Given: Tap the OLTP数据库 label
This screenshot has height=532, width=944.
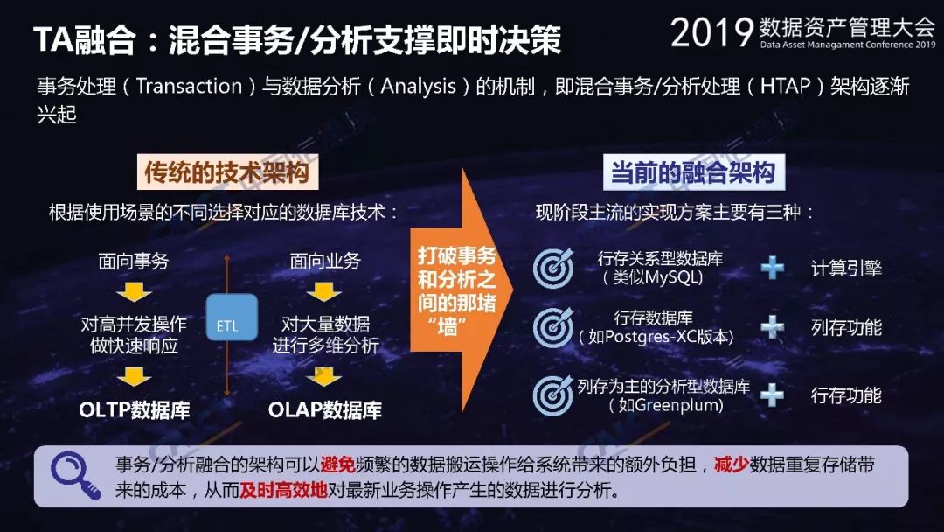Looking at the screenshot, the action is (135, 410).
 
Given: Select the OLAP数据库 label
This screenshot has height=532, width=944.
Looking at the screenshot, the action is (325, 410).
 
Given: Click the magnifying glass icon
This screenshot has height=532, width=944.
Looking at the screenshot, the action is (74, 475).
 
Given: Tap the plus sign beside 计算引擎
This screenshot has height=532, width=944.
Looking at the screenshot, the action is (773, 268).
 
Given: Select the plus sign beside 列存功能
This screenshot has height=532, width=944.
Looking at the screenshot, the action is (773, 326).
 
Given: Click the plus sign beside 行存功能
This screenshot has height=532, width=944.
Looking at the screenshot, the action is (772, 395).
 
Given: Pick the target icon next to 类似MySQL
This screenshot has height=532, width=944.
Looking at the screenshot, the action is (553, 268).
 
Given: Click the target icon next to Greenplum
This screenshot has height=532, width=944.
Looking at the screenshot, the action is (553, 395).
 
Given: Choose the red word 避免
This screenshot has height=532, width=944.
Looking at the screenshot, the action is (337, 465).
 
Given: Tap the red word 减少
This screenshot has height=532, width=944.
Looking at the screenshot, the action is (732, 465).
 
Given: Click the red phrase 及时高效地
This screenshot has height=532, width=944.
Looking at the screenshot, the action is (283, 490).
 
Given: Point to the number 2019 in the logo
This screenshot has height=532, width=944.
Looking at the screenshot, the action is (711, 32).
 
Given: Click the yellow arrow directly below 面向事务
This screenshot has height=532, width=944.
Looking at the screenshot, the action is (134, 293).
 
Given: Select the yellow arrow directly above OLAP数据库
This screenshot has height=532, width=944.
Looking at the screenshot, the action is (324, 378).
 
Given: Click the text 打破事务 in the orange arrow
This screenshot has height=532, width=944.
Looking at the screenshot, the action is (457, 255).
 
